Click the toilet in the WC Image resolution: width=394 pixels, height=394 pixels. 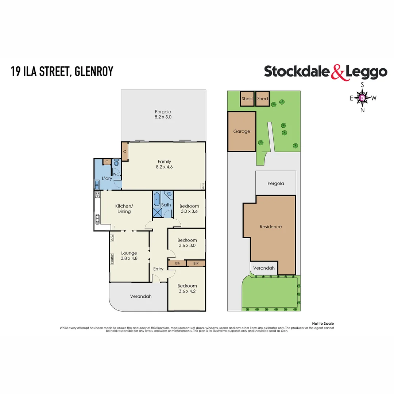(116, 163)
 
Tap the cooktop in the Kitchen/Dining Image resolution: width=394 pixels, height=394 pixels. (97, 195)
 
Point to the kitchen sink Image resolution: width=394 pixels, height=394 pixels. (98, 219)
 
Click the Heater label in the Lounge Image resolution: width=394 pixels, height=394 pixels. (112, 258)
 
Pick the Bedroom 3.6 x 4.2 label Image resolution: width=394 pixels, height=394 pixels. (187, 288)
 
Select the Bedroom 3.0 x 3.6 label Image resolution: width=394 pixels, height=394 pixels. (189, 209)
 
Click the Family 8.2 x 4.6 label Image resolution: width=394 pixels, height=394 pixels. (164, 164)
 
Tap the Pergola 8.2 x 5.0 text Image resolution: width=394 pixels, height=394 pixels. (163, 115)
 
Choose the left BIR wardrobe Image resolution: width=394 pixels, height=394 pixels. (177, 263)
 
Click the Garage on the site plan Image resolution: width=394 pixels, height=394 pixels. (242, 131)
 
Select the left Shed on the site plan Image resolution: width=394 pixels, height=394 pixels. (247, 98)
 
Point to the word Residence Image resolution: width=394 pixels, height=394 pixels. (271, 227)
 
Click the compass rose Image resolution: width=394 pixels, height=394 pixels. (362, 98)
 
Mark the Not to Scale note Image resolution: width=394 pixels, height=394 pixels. (323, 324)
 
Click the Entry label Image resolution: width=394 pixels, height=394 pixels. (158, 269)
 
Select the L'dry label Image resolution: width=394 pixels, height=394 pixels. (107, 178)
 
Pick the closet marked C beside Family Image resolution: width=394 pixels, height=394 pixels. (125, 151)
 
